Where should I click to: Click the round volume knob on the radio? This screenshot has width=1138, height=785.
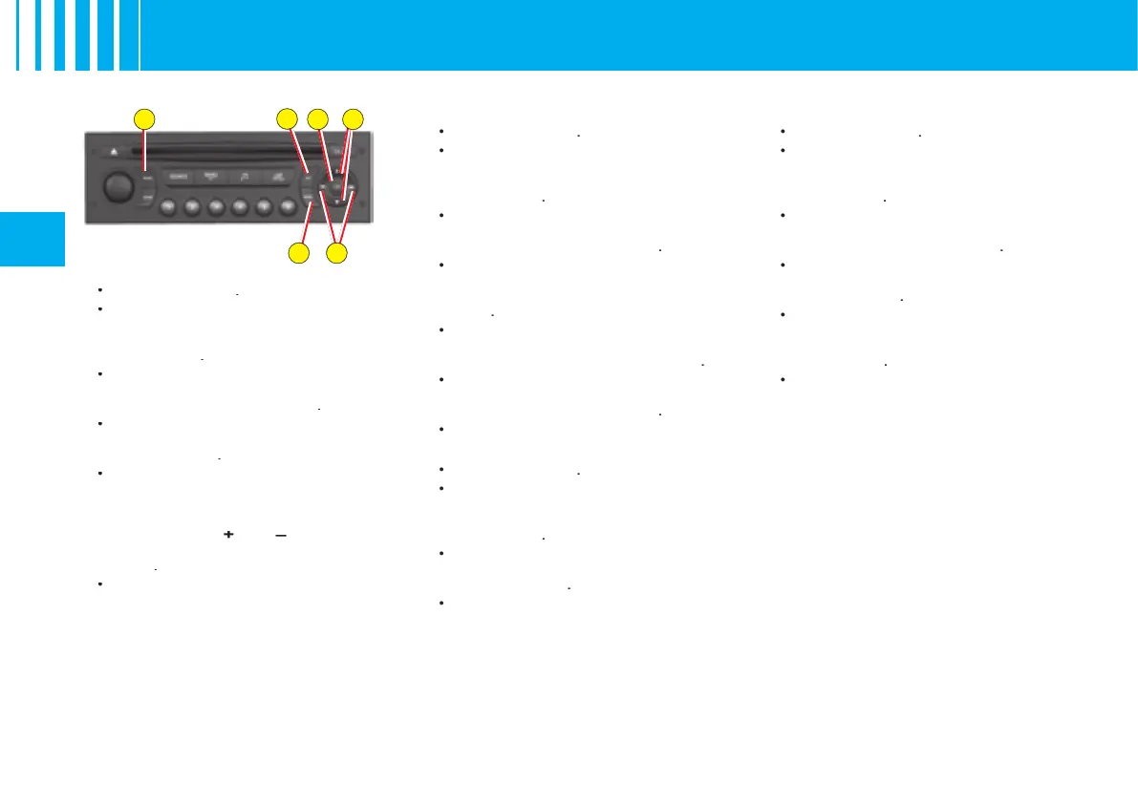(118, 187)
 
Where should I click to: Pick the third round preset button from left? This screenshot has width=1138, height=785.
(217, 206)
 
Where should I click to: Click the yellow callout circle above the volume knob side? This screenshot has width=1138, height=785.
(143, 118)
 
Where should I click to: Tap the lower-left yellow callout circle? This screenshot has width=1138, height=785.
(298, 254)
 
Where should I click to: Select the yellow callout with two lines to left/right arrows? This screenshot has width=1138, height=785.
(336, 254)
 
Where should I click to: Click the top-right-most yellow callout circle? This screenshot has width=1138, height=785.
(354, 118)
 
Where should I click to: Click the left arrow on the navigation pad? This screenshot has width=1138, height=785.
(324, 187)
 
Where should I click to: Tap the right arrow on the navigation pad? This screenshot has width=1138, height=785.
(352, 187)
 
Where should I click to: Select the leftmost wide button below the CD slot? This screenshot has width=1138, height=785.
(179, 177)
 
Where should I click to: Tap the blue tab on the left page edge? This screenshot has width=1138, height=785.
(32, 239)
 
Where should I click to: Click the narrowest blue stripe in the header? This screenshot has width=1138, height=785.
(18, 35)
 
